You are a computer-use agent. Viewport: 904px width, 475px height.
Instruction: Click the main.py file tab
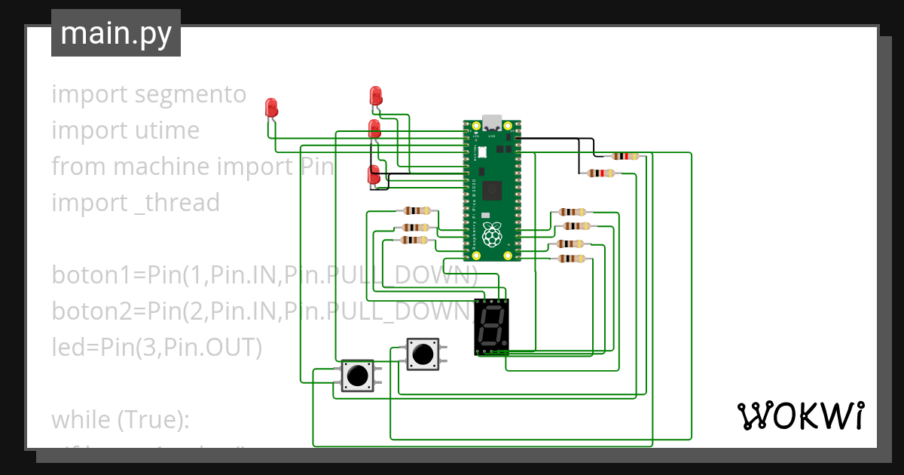click(115, 33)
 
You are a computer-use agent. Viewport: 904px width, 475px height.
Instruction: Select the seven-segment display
click(492, 327)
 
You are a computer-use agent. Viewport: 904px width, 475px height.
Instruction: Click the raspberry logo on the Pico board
click(492, 234)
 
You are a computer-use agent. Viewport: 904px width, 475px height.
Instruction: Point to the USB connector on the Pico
click(492, 122)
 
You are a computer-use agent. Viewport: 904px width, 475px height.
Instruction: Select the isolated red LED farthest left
click(272, 108)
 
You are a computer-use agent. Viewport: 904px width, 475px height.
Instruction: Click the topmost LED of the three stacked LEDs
click(376, 97)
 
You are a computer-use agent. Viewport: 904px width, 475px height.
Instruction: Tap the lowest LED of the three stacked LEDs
click(373, 175)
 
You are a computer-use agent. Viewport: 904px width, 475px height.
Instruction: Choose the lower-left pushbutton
click(357, 375)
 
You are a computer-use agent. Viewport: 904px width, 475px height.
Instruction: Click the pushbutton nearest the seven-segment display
click(422, 354)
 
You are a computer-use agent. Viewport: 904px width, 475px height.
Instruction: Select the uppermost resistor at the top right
click(625, 156)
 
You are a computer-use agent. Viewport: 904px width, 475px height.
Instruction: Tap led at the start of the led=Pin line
click(66, 347)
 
